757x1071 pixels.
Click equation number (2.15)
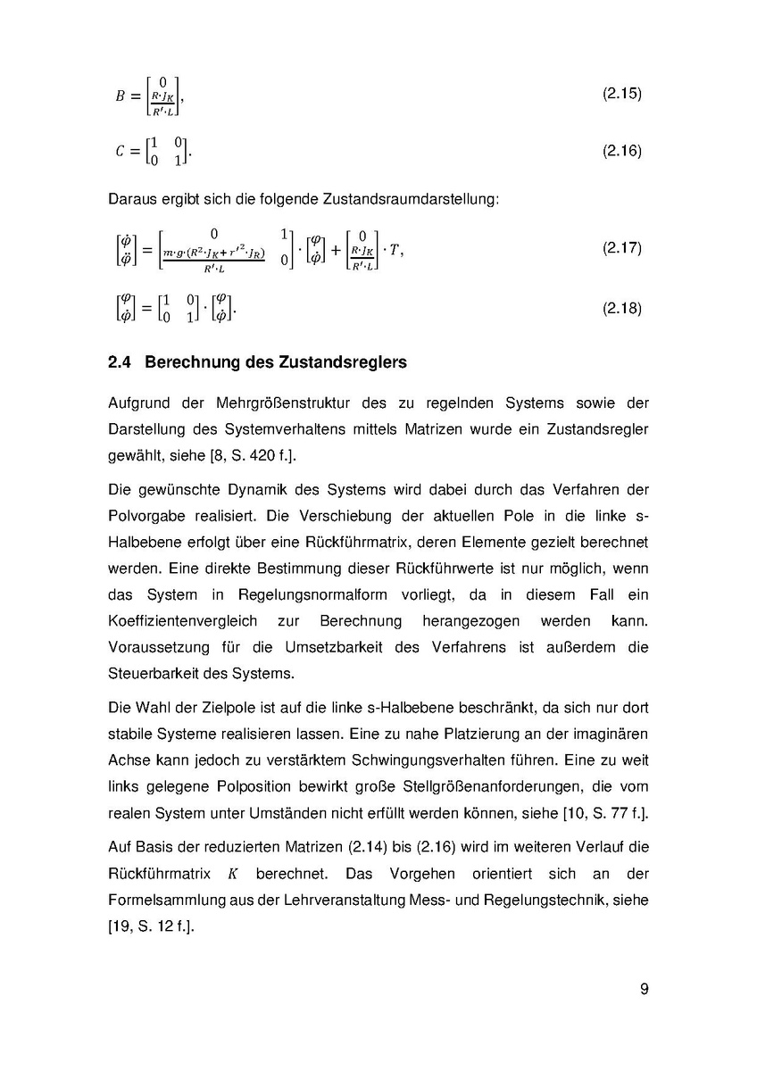[x=622, y=94]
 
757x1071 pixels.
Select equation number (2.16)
[x=622, y=151]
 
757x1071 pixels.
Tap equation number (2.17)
[x=622, y=247]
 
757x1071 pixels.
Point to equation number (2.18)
[x=622, y=308]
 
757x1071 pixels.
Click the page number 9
[x=644, y=989]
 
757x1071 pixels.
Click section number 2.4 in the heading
[x=120, y=363]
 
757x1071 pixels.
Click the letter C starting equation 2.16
[x=121, y=153]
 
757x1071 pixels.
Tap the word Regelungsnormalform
[x=314, y=594]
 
